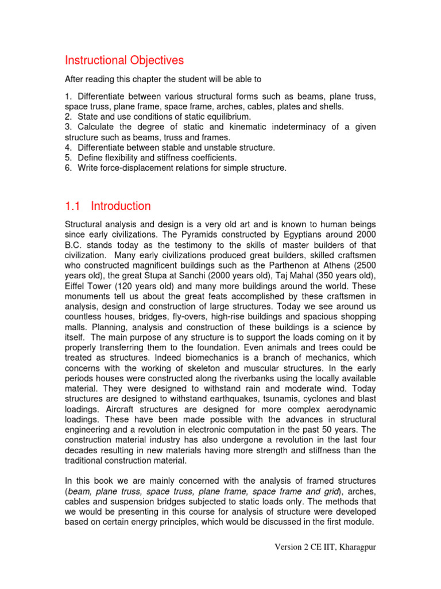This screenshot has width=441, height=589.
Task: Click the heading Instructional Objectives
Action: [124, 60]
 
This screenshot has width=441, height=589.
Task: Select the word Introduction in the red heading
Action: [121, 206]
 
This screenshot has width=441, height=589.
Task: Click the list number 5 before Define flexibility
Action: [67, 158]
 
